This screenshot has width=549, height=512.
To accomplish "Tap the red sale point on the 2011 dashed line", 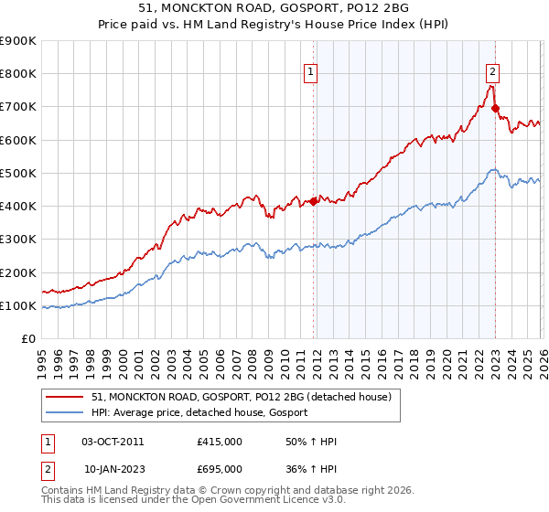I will coord(313,201).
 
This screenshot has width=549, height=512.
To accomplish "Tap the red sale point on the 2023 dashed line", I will coord(495,109).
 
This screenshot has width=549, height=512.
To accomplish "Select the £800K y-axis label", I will coord(18,74).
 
